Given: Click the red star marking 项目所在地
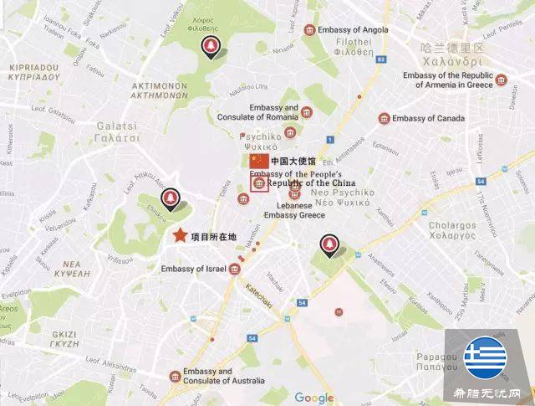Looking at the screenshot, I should (x=178, y=236).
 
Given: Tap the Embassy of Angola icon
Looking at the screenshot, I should (x=310, y=31).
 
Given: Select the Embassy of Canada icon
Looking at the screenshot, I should (x=385, y=118).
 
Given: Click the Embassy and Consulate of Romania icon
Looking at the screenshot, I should (x=307, y=112).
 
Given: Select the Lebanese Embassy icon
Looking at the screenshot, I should (x=294, y=193).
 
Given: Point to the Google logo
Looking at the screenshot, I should (x=313, y=398).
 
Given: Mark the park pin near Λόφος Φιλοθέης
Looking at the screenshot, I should (x=212, y=49).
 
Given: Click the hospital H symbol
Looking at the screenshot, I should (x=339, y=311).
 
